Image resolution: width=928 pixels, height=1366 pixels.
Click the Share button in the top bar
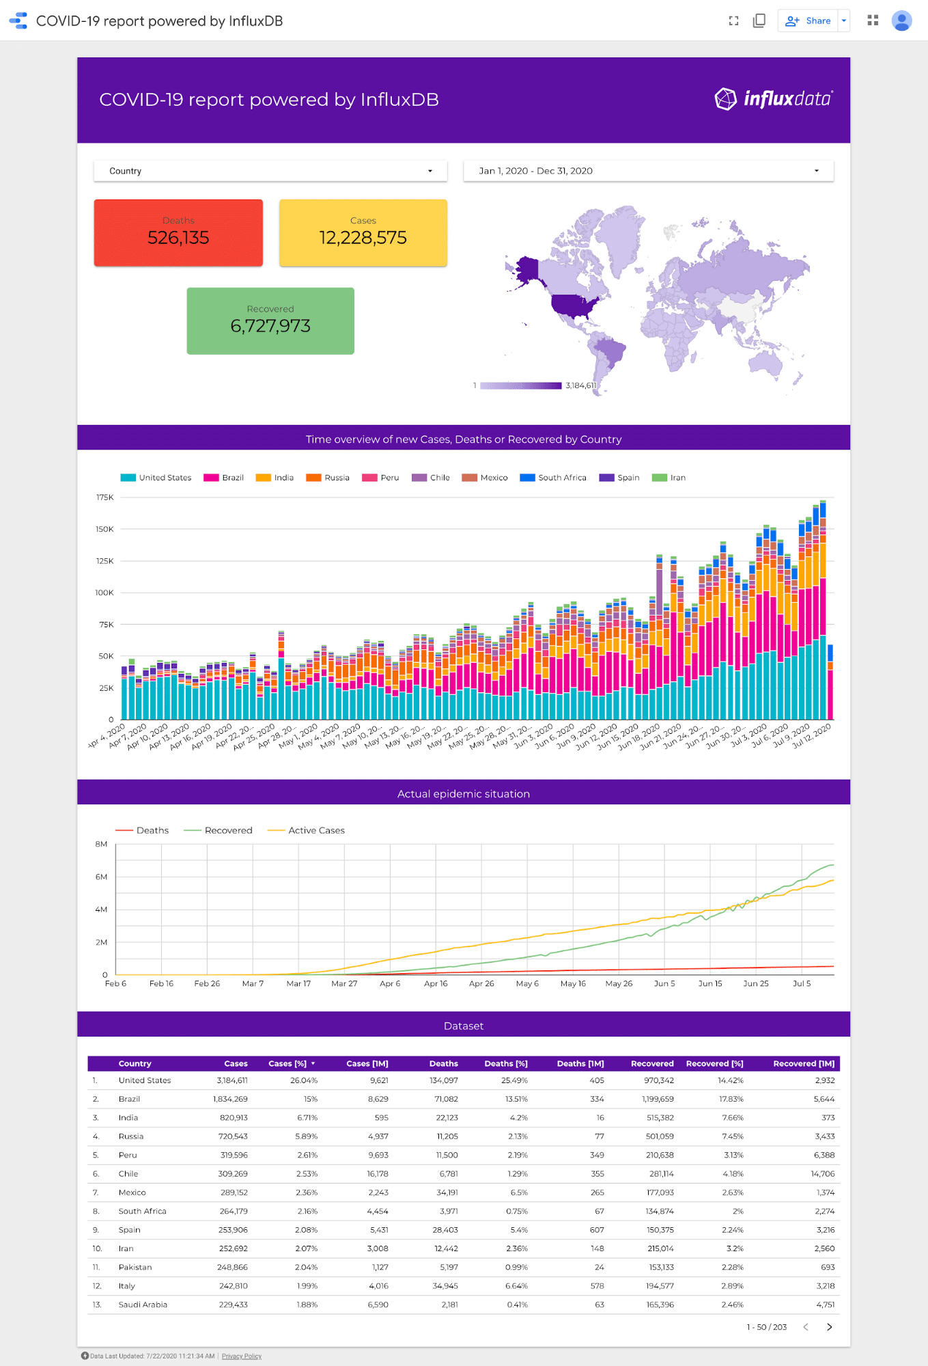(809, 21)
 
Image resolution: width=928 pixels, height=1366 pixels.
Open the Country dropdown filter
(270, 171)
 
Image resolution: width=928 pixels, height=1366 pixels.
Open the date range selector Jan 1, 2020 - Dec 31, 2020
(648, 171)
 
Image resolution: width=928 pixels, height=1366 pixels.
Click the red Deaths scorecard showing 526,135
(178, 233)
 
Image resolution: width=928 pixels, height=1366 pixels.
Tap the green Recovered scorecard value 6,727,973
(270, 325)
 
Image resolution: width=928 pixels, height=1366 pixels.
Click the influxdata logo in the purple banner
(773, 99)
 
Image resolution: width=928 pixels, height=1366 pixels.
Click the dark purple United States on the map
(574, 305)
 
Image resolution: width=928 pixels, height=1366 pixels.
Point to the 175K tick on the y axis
(105, 497)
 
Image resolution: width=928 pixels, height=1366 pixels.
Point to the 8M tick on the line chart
(101, 845)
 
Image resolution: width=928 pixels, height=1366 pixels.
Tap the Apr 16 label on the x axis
(436, 984)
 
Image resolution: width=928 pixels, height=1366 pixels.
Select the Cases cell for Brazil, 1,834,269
(230, 1099)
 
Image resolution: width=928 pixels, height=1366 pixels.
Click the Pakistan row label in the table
(135, 1267)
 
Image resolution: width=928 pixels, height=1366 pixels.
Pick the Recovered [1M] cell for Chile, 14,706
(822, 1173)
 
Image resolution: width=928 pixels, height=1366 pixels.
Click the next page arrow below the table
(829, 1327)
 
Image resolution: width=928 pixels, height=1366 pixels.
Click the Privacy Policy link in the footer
(241, 1356)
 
